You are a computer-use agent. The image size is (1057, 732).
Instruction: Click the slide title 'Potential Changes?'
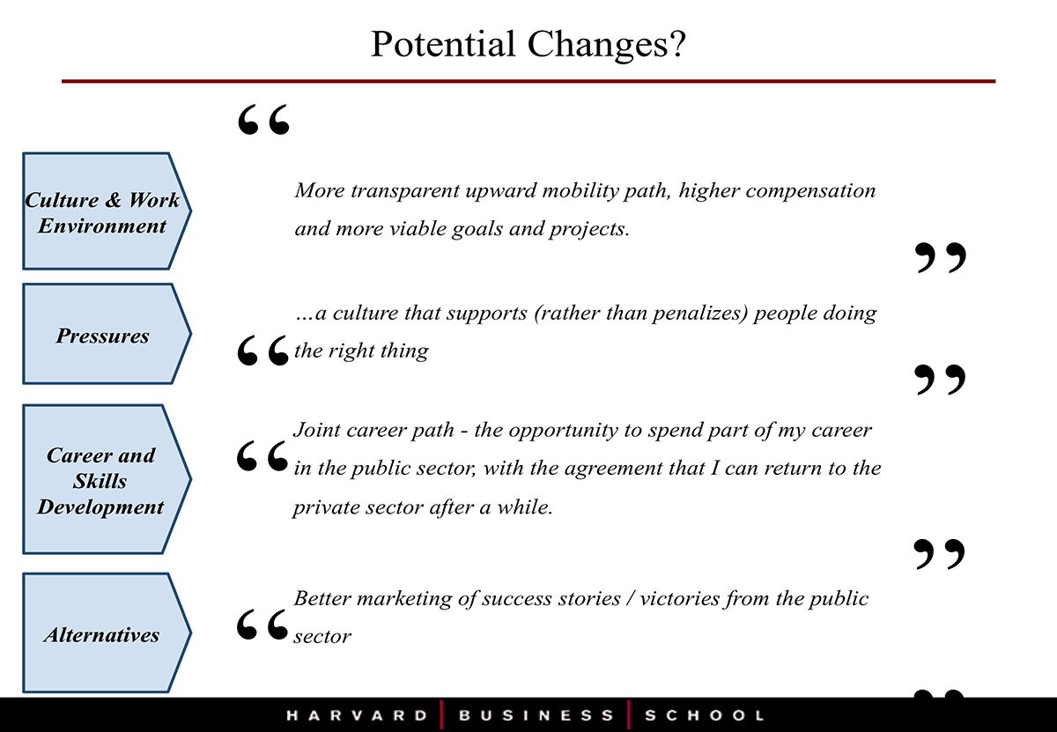tap(528, 45)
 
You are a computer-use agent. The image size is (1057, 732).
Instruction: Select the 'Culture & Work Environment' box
tap(107, 211)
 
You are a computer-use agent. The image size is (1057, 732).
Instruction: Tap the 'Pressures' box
tap(107, 334)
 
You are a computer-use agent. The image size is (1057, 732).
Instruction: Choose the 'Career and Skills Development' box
tap(107, 479)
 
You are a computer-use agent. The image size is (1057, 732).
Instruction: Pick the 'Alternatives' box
tap(107, 632)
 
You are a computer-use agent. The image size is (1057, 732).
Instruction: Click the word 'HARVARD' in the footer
tap(358, 715)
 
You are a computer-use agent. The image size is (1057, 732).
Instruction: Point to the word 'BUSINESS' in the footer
tap(536, 715)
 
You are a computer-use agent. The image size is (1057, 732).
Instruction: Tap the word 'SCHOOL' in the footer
tap(705, 715)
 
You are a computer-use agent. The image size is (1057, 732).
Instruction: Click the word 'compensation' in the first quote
tap(810, 191)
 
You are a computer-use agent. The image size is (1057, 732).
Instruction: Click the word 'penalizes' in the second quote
tap(701, 313)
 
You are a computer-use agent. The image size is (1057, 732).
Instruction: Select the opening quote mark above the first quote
tap(263, 120)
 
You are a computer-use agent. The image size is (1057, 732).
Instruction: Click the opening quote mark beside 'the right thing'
tap(262, 351)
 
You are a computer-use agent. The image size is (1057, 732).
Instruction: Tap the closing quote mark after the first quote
tap(941, 258)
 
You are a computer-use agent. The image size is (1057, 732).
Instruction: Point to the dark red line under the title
tap(528, 81)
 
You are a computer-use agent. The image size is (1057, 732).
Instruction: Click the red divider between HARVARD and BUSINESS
tap(441, 715)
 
